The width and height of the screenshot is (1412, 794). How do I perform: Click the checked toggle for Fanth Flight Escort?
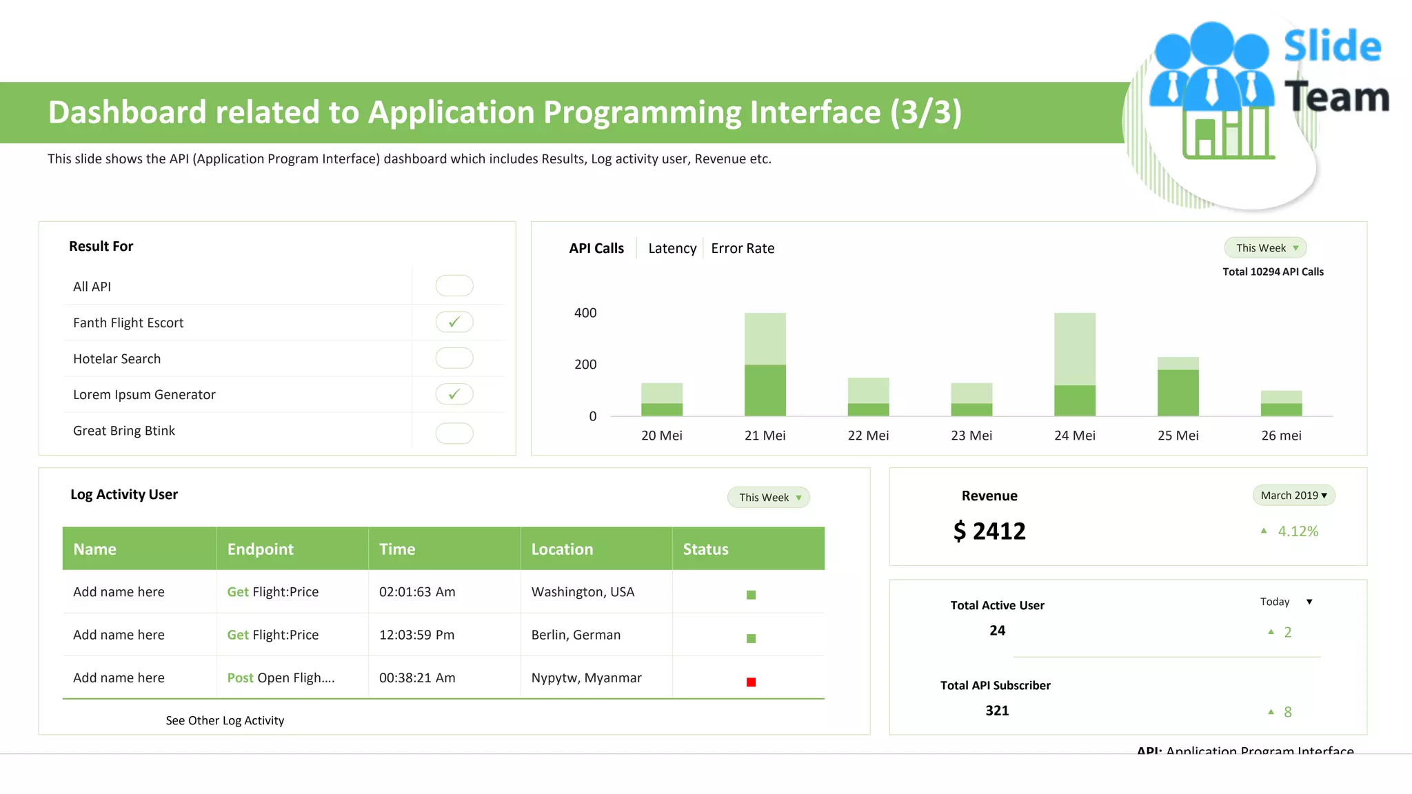[x=454, y=322]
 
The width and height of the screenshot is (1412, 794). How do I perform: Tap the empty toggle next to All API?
[x=454, y=285]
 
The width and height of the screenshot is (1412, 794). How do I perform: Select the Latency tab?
[x=672, y=248]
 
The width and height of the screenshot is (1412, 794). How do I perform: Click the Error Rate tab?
[x=743, y=248]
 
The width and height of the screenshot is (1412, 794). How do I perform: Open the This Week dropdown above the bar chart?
[x=1265, y=248]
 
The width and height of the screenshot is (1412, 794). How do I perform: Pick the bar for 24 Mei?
[x=1074, y=365]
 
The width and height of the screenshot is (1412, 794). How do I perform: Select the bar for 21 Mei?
[x=765, y=365]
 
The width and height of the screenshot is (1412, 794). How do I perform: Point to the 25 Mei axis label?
[x=1178, y=436]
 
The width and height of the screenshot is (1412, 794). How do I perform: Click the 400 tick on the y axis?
[x=585, y=313]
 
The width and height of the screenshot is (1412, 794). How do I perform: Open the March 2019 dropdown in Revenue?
[x=1293, y=496]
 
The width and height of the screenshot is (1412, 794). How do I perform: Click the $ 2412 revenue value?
[x=989, y=531]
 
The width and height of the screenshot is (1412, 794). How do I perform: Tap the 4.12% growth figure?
[x=1298, y=531]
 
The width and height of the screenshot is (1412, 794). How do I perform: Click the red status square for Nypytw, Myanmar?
[x=751, y=682]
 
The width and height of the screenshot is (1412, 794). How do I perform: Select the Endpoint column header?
[x=261, y=549]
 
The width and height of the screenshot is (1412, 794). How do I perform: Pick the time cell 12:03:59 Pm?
[x=416, y=635]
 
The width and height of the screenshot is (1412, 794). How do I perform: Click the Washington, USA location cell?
[x=583, y=592]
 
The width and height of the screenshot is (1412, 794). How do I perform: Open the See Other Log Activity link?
[x=225, y=720]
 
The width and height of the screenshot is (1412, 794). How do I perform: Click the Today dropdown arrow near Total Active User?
[x=1309, y=602]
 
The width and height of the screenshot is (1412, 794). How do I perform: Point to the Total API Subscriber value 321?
[x=997, y=711]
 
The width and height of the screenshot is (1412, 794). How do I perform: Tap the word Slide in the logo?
[x=1332, y=47]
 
